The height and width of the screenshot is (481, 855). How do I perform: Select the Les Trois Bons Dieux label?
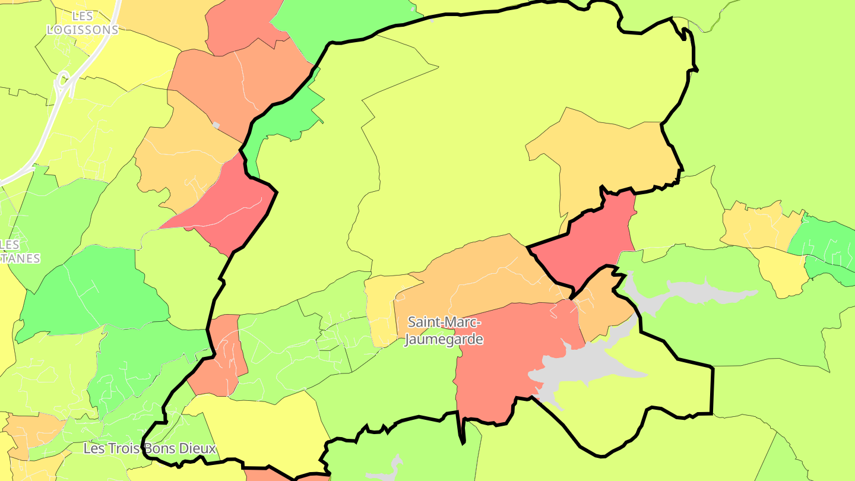(x=150, y=448)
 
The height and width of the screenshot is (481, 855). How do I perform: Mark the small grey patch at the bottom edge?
(x=386, y=472)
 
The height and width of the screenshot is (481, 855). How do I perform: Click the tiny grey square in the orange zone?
(x=216, y=125)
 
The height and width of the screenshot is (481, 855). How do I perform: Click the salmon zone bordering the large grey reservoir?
(x=505, y=356)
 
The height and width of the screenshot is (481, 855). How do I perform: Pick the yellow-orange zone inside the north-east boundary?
(x=606, y=154)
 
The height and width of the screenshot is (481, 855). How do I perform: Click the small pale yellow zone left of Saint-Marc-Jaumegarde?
(x=380, y=309)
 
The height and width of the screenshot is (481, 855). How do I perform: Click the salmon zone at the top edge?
(x=243, y=24)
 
